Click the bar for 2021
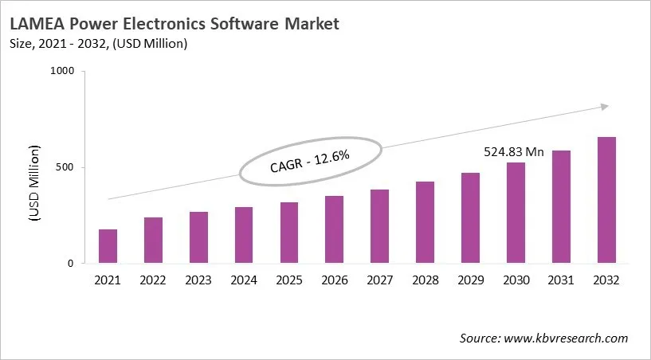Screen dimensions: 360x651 coord(108,246)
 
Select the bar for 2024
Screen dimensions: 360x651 coord(243,235)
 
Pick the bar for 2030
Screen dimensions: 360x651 coord(516,213)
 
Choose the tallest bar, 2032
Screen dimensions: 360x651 coord(606,200)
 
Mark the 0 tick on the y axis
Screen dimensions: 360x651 coord(71,264)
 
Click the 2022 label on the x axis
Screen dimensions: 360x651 coord(153,280)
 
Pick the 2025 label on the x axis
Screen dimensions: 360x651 coord(288,280)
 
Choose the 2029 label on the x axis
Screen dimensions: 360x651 coord(470,280)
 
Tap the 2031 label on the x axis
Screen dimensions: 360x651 coord(561,280)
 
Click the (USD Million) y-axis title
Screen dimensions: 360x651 coord(35,184)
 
